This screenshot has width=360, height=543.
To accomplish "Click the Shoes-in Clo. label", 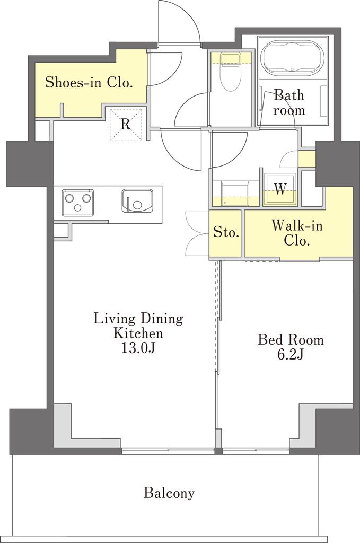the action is [x=89, y=82].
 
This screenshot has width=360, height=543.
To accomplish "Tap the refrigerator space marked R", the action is [x=126, y=124].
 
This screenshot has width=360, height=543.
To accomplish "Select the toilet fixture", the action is [x=231, y=72].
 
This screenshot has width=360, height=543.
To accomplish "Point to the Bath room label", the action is [x=289, y=102].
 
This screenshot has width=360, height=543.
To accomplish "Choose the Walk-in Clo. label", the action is [x=297, y=233].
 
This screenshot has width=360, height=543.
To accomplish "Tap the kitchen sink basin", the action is [x=137, y=201].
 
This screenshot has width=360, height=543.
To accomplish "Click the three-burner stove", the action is [x=78, y=202].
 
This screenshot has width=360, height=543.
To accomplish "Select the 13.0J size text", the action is [x=137, y=348].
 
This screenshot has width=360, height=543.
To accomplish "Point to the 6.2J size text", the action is [x=291, y=354].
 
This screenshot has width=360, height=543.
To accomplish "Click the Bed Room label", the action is [x=291, y=339].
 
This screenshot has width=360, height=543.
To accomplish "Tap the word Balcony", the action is [x=169, y=493].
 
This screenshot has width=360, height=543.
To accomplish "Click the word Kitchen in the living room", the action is [x=138, y=333].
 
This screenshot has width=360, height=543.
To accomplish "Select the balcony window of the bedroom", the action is [x=256, y=451].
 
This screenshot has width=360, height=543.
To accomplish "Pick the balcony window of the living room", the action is [x=168, y=451].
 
